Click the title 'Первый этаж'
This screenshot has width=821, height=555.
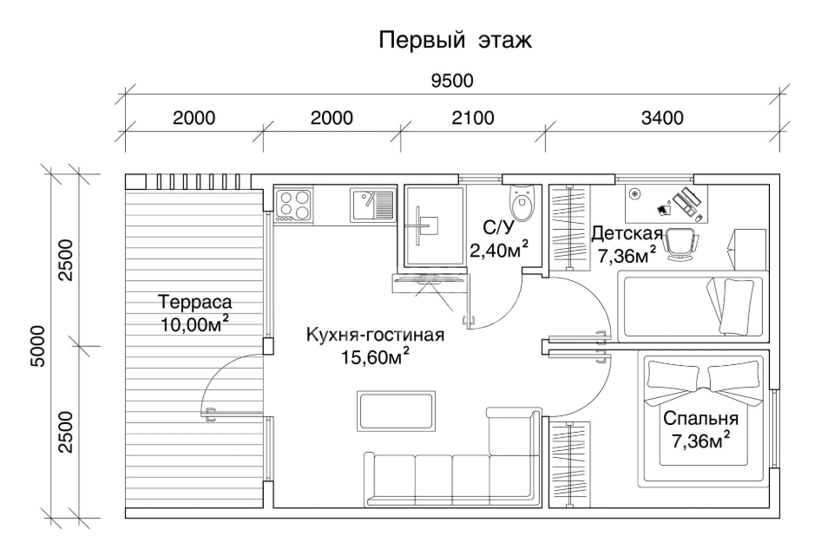pos(455,40)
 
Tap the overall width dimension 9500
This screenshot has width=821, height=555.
pos(452,81)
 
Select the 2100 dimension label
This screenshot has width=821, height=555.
pos(473,118)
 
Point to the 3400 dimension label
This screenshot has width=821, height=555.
pos(662,118)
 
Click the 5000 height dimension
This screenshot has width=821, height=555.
pos(37,346)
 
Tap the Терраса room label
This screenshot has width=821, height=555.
pos(194,302)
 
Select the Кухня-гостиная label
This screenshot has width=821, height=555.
pos(375,334)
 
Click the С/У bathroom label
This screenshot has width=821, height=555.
pos(498,227)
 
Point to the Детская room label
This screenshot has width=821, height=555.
pos(627,232)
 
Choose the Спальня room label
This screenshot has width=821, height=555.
pos(700,419)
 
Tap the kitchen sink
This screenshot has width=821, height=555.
pos(371,205)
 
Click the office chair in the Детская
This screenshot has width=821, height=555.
pos(682,244)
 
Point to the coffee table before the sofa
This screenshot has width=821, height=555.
pos(397,411)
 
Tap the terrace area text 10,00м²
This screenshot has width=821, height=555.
pos(194,323)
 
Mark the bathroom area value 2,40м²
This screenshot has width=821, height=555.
pos(498,249)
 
